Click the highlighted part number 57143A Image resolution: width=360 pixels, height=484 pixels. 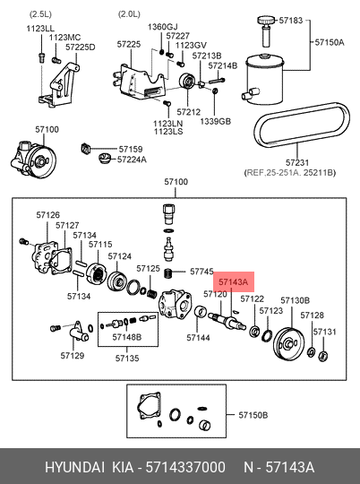[x=233, y=281]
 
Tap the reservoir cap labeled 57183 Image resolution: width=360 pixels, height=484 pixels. [x=266, y=22]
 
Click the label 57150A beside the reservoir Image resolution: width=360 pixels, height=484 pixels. [x=330, y=42]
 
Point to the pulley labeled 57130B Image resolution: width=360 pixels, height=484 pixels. [x=288, y=343]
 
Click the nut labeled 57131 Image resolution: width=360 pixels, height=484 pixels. [x=322, y=356]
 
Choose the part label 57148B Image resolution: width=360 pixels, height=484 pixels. [x=127, y=337]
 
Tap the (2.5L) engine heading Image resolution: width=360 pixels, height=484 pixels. [x=40, y=13]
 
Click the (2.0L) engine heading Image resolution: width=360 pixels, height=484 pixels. [x=129, y=13]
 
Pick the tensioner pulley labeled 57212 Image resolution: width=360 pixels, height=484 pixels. [x=187, y=81]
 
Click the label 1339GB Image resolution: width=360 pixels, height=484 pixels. [x=215, y=121]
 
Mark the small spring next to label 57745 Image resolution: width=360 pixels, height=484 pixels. [x=168, y=273]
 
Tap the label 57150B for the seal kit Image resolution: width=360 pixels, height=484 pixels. [x=253, y=415]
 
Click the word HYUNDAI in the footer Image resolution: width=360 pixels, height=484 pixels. [x=75, y=467]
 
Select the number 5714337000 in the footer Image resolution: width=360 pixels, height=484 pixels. [x=185, y=467]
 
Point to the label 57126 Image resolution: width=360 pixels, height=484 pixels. [x=47, y=215]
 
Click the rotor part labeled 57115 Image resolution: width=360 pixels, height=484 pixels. [x=96, y=272]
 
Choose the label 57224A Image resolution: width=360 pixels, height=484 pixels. [x=132, y=160]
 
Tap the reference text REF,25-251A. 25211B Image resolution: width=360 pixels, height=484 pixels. [x=290, y=173]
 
